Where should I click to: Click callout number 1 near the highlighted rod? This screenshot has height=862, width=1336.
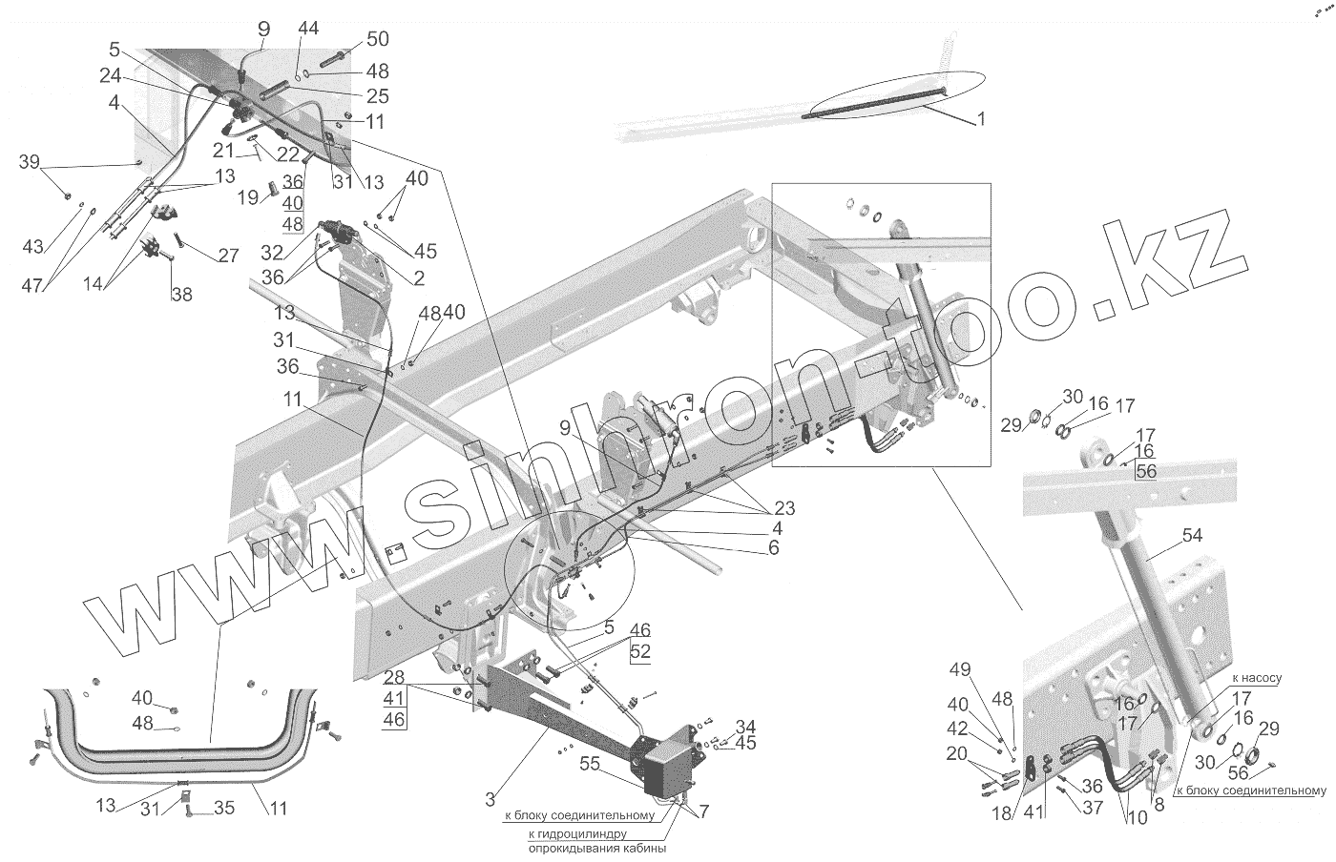click(981, 120)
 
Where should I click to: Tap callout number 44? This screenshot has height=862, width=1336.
click(307, 30)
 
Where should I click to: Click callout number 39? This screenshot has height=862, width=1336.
click(30, 163)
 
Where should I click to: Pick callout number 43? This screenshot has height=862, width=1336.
click(33, 246)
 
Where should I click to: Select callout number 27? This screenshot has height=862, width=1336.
click(228, 257)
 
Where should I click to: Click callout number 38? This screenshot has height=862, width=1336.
click(180, 295)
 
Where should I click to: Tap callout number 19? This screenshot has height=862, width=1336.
click(247, 197)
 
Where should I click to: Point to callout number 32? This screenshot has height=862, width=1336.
click(272, 255)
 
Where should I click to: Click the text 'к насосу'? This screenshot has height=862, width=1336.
click(1256, 678)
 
